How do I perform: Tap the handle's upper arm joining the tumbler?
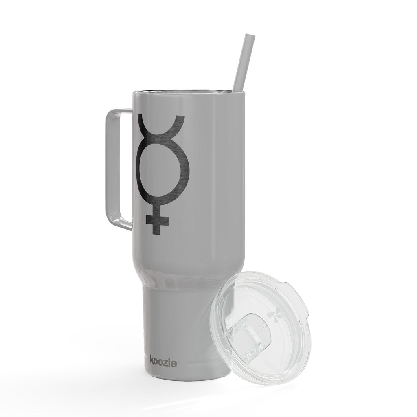click(x=122, y=112)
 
